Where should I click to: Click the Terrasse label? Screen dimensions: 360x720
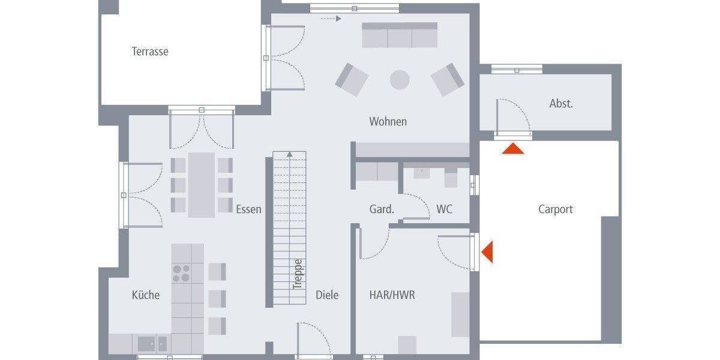[150, 52]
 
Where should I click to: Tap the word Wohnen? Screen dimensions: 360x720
[388, 122]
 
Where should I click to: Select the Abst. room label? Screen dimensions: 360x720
[561, 103]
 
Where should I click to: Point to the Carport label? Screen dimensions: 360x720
[555, 209]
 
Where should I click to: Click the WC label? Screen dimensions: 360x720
[444, 209]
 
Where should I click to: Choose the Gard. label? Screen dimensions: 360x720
[382, 209]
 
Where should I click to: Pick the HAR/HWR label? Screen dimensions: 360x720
[392, 295]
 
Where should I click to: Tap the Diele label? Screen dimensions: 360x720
[327, 295]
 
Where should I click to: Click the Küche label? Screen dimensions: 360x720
[146, 295]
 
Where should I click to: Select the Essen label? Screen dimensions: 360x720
[248, 209]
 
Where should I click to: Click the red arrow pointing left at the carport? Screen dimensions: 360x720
[487, 251]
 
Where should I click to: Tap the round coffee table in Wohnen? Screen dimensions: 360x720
[400, 79]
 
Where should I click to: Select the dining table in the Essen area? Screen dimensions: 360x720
[201, 184]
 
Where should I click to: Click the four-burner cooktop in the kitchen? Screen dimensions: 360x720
[182, 273]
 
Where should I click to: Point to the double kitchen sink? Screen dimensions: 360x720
[153, 343]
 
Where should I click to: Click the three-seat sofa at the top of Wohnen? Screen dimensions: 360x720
[400, 36]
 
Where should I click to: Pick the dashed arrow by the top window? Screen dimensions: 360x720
[331, 19]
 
